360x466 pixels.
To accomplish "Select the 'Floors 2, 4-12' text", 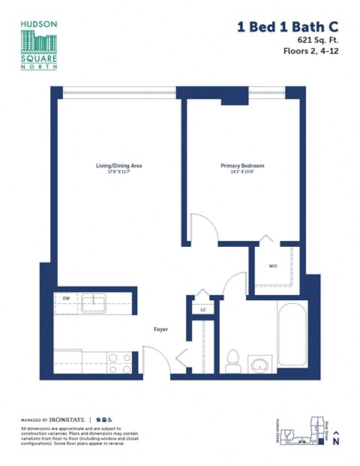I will [309, 52].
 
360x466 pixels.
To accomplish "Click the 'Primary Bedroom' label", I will [241, 165].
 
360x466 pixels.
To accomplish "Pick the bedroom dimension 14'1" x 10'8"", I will [241, 172].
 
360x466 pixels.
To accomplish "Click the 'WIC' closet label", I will [274, 265].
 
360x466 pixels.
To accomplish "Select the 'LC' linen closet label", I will [202, 308].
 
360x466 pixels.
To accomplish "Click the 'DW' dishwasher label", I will [66, 299].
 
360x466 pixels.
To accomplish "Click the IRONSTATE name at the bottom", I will [68, 419].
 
